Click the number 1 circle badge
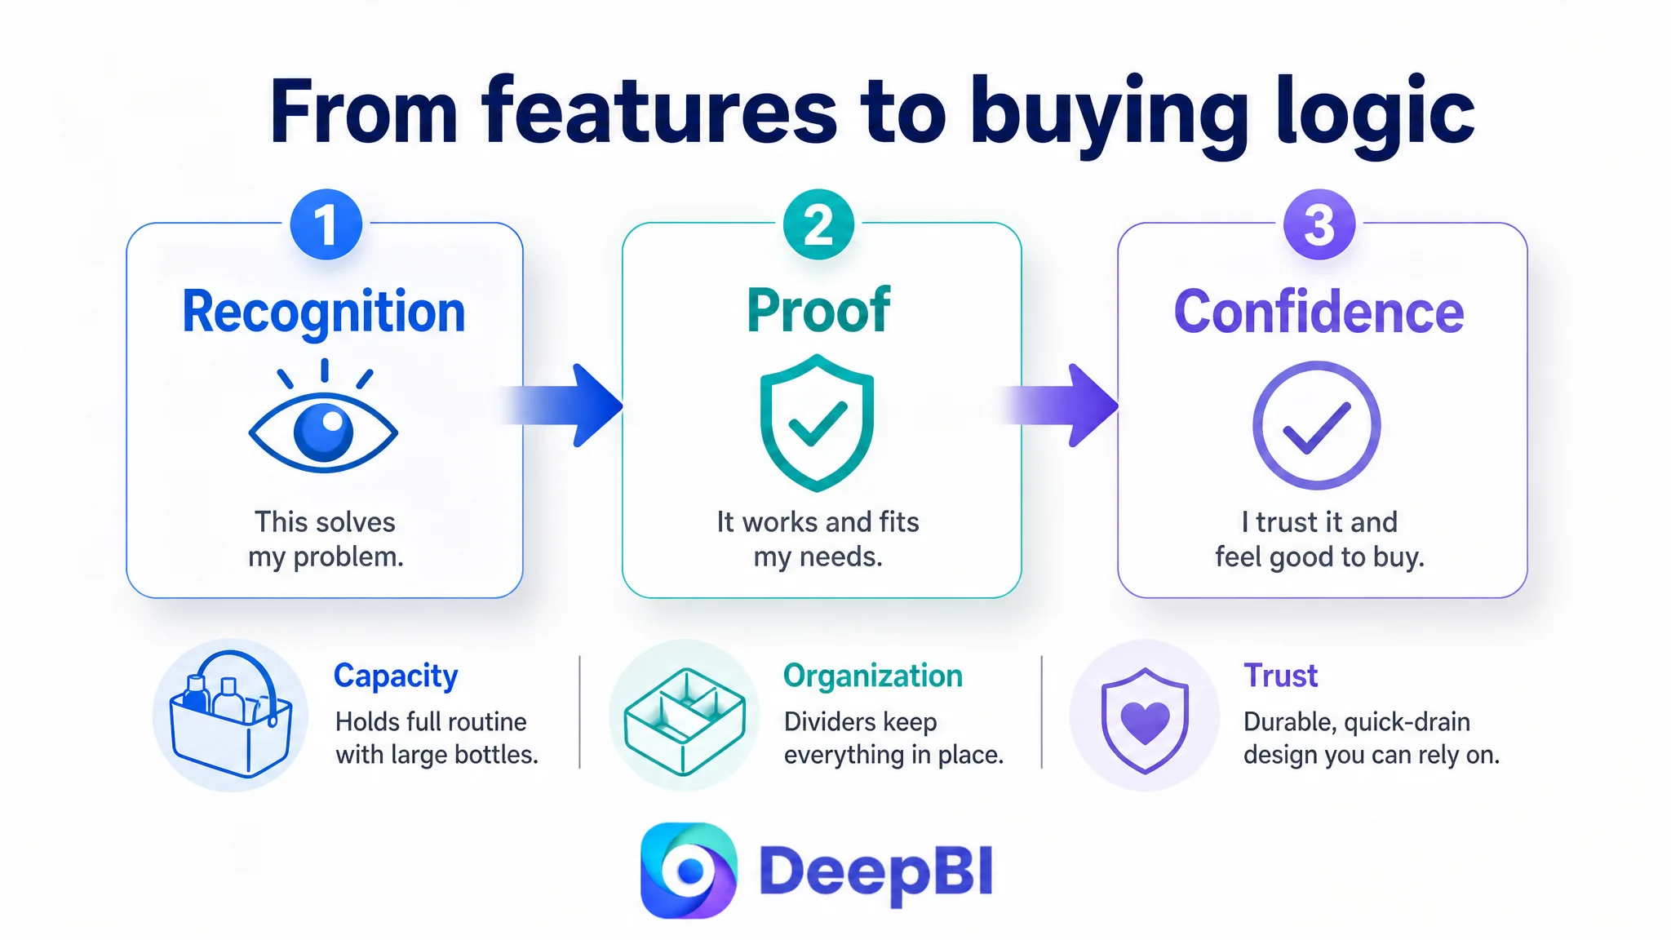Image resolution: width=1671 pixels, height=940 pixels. (326, 224)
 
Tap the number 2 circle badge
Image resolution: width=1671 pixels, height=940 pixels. (818, 224)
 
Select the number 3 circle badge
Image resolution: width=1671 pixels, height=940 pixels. (1319, 224)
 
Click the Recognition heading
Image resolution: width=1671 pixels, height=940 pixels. (324, 313)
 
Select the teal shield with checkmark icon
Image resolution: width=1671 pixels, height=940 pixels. (817, 423)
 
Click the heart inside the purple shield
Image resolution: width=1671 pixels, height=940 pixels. (1146, 721)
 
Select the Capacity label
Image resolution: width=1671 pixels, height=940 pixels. (396, 676)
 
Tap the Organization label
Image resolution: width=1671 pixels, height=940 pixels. (873, 676)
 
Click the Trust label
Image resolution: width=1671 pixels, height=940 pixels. (1280, 676)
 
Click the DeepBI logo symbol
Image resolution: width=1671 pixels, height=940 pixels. (689, 871)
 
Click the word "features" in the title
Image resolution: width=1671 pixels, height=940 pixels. (659, 111)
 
